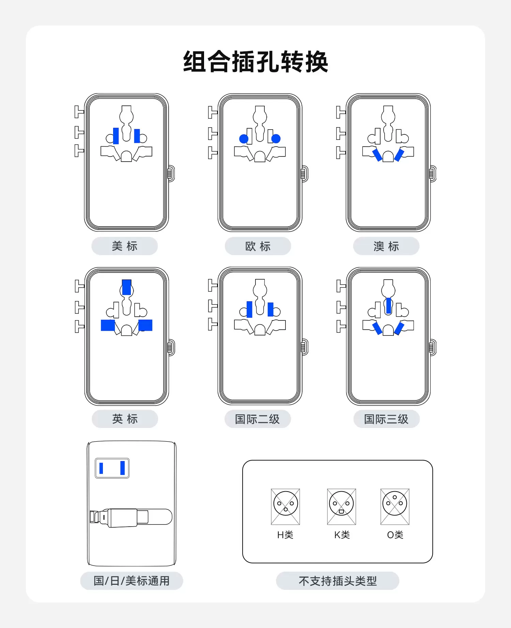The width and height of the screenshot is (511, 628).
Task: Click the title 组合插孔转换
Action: tap(255, 62)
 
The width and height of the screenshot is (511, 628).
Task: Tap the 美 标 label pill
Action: tap(125, 246)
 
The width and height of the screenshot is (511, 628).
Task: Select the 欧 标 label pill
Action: tap(258, 246)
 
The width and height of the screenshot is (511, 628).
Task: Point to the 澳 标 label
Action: tap(386, 246)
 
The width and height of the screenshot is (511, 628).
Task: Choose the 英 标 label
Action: tap(125, 419)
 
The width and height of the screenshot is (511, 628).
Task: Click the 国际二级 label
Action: tap(258, 419)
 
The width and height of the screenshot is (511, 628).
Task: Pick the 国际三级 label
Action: tap(386, 419)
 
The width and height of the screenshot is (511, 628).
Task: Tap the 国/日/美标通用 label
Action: tap(131, 581)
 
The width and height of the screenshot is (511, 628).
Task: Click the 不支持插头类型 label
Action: tap(338, 581)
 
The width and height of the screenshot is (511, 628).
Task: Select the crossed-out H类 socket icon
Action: tap(285, 507)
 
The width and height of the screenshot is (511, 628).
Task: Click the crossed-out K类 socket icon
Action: tap(341, 507)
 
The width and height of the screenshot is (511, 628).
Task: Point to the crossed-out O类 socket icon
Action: tap(395, 507)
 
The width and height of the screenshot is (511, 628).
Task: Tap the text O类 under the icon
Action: tap(395, 535)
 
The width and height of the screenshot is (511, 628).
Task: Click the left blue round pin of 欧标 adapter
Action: tap(244, 139)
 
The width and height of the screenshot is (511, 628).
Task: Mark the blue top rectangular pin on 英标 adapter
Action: tap(126, 287)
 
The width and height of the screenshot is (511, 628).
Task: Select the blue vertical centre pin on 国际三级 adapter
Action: tap(388, 305)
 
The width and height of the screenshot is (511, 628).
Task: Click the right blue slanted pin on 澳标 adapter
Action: tap(399, 155)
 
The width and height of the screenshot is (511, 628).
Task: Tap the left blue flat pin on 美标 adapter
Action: tap(116, 136)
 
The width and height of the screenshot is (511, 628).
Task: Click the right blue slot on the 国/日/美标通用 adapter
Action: tap(123, 468)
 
